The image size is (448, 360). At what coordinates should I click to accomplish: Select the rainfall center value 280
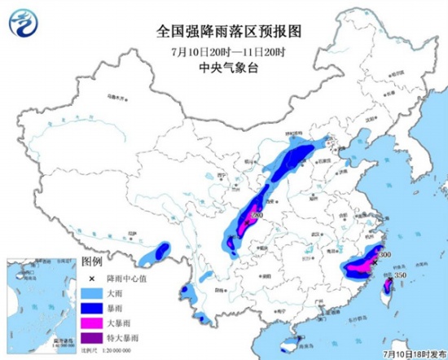(259, 215)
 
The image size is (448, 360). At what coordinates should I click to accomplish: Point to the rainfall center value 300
(385, 255)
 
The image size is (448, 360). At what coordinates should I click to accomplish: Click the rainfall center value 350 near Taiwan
(399, 276)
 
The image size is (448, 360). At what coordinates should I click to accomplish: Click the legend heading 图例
(92, 262)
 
